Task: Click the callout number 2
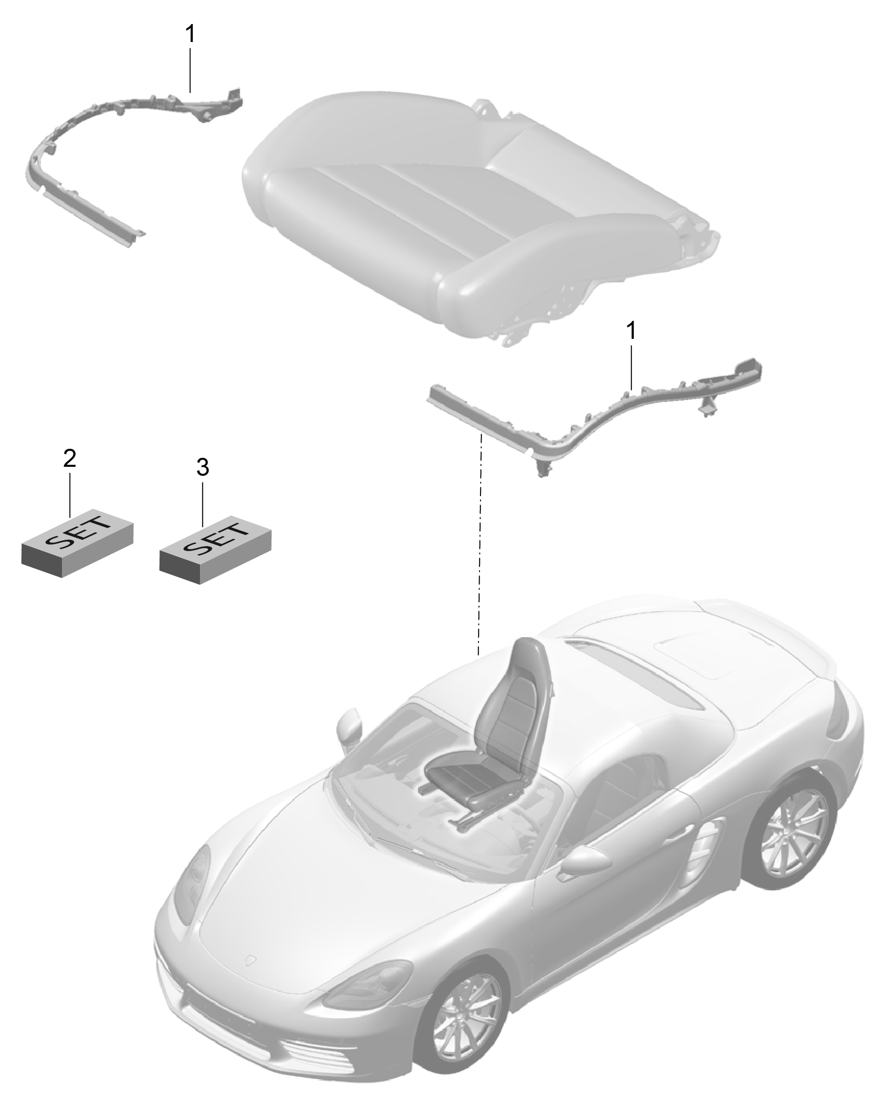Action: pyautogui.click(x=69, y=458)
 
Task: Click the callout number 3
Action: pyautogui.click(x=202, y=467)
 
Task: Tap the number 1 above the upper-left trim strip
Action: pyautogui.click(x=189, y=34)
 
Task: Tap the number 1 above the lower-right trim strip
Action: pyautogui.click(x=631, y=330)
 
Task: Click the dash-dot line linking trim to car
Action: pyautogui.click(x=480, y=544)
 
